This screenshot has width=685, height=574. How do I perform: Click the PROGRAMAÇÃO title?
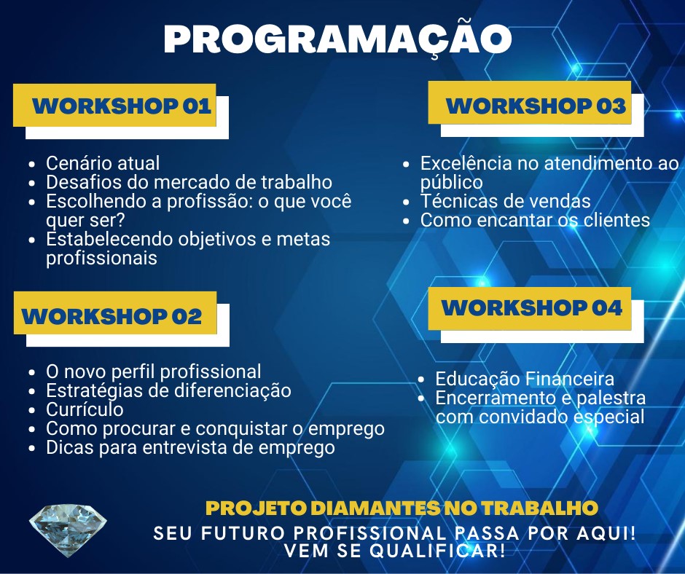[x=337, y=39]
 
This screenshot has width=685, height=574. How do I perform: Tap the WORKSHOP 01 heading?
[x=122, y=106]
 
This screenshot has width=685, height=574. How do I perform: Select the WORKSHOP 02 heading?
[x=111, y=316]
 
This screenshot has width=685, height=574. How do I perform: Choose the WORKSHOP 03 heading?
[x=536, y=106]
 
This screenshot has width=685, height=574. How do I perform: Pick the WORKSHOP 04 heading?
[x=532, y=307]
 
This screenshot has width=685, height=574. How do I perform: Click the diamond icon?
[x=68, y=530]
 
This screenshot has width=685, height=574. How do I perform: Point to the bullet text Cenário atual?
[x=103, y=163]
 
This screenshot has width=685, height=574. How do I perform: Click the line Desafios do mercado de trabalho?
[x=189, y=182]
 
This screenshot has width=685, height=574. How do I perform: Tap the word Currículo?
[x=85, y=409]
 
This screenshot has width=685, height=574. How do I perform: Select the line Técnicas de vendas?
[x=506, y=201]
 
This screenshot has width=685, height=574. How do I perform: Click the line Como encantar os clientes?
[x=535, y=220]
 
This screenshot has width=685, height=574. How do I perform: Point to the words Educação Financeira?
[x=525, y=379]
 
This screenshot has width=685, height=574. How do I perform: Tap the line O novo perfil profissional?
[x=153, y=371]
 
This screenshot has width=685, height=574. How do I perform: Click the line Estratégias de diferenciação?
[x=168, y=390]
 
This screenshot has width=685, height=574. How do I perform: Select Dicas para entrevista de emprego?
[x=190, y=447]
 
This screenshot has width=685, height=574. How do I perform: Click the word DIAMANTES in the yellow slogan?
[x=376, y=508]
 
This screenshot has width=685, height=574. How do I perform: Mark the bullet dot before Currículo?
[x=31, y=410]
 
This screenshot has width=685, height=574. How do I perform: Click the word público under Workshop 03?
[x=452, y=183]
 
